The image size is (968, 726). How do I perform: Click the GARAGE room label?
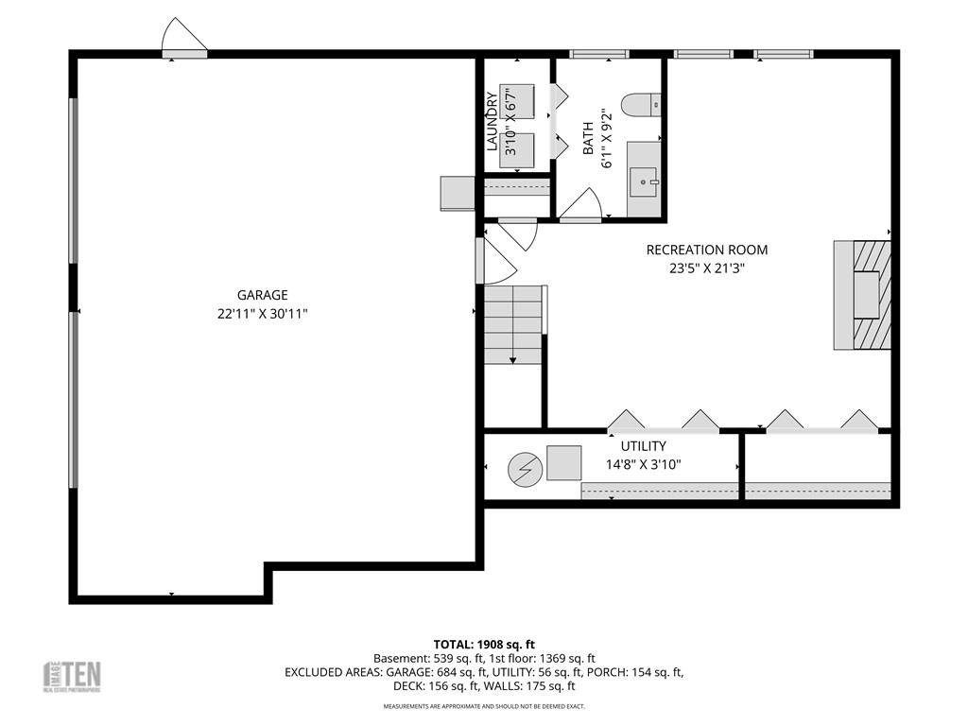263,295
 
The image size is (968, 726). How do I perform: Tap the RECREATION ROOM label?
706,250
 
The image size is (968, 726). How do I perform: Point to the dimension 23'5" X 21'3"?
706,268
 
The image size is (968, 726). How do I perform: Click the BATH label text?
588,138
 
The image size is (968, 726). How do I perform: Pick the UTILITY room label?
643,446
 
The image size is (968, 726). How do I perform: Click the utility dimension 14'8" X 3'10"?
643,464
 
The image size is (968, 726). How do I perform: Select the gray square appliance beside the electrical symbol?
564,463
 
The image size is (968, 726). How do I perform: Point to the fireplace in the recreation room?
862,294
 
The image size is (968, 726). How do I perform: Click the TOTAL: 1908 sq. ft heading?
483,644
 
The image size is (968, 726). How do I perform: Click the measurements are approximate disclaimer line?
483,706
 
